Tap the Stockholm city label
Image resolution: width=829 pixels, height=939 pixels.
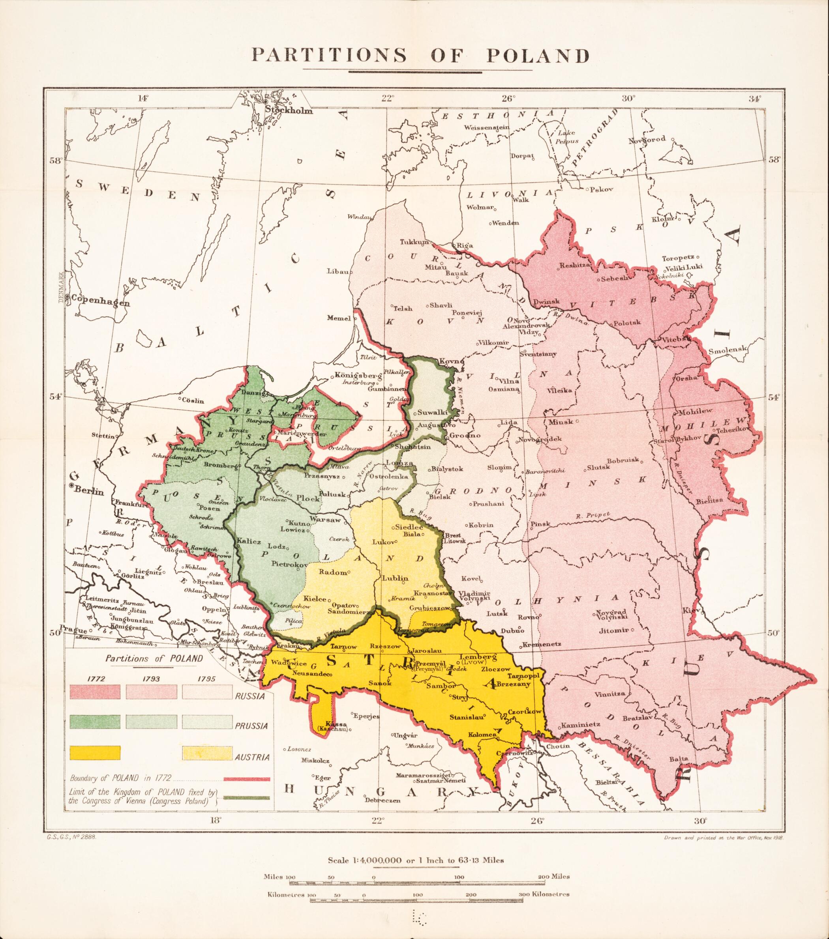[289, 111]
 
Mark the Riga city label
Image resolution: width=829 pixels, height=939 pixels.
[465, 245]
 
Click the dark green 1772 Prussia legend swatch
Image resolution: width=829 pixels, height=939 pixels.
[95, 722]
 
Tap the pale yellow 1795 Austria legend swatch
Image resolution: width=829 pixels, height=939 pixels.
[207, 754]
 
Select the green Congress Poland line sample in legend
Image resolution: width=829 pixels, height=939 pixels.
[247, 796]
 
